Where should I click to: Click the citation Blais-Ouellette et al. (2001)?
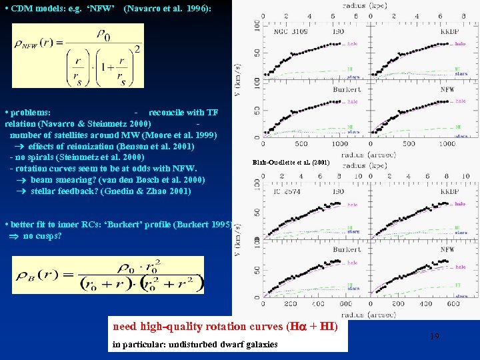click(291, 162)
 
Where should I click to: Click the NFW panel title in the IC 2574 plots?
click(448, 249)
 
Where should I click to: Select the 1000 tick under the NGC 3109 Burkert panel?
click(339, 143)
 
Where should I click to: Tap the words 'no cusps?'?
click(43, 236)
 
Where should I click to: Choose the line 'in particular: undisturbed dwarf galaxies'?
click(195, 344)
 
